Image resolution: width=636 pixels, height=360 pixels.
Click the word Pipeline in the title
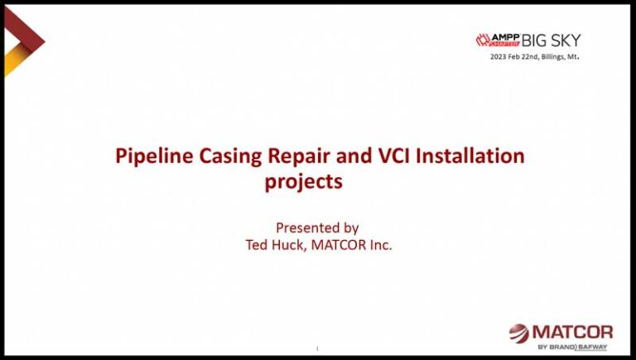(x=154, y=156)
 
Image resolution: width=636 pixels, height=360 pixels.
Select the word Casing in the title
(x=234, y=156)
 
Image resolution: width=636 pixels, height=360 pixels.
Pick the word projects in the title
(x=303, y=181)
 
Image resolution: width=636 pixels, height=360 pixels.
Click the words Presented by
(x=317, y=228)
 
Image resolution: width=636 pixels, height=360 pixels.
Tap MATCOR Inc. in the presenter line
(x=351, y=245)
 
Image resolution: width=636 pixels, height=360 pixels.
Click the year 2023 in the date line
(x=499, y=57)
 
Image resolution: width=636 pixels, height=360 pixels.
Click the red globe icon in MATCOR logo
(x=518, y=333)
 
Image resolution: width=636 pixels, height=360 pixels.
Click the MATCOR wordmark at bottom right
(x=571, y=331)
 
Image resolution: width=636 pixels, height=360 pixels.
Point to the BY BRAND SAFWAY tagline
(x=572, y=346)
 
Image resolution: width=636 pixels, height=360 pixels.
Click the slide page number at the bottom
(x=317, y=348)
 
